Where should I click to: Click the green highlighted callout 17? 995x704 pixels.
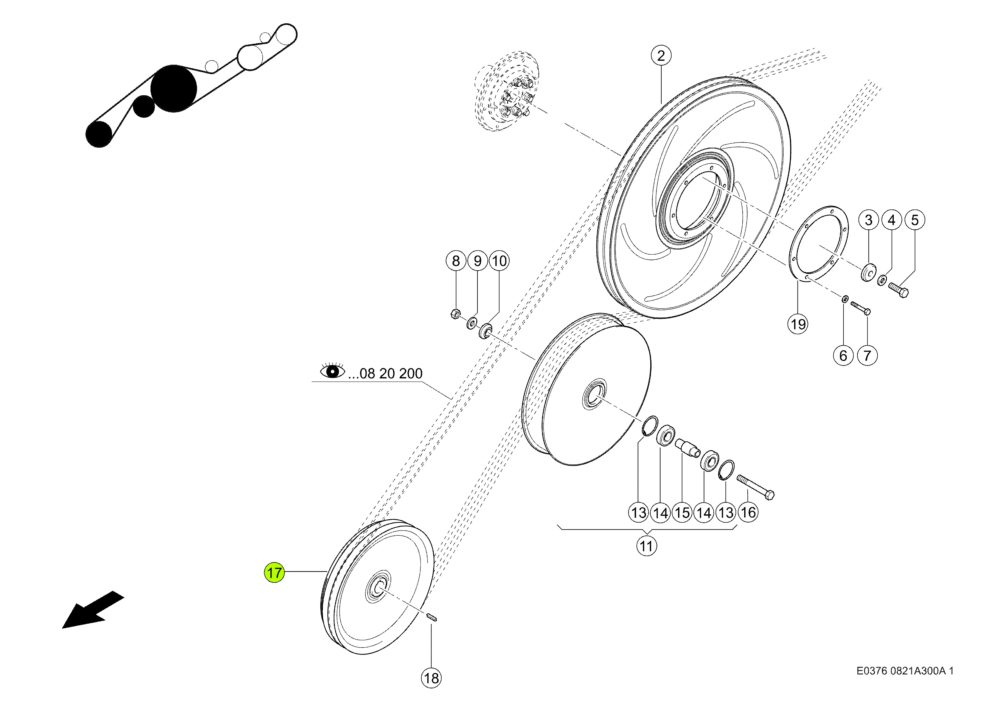tap(274, 573)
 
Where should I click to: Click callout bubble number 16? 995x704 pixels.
tap(748, 512)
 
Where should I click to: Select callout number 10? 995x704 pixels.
tap(499, 261)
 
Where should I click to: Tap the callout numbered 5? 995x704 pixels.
tap(915, 220)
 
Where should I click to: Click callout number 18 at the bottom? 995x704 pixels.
tap(431, 678)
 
